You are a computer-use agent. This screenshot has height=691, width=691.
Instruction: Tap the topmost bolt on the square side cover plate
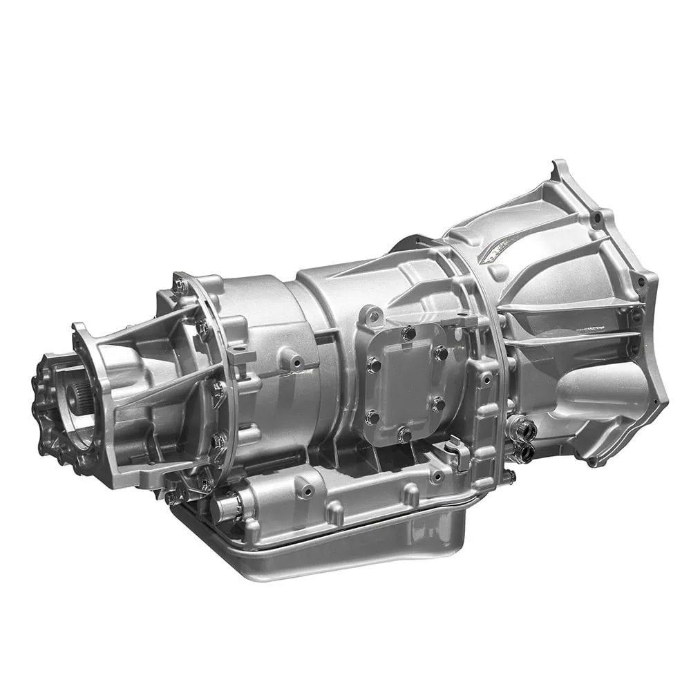(x=408, y=332)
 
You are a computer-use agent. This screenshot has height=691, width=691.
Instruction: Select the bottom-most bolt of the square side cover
(x=404, y=435)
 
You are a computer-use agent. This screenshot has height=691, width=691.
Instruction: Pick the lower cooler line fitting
(x=523, y=452)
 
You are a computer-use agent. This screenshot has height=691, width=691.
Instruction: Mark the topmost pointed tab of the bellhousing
(x=557, y=168)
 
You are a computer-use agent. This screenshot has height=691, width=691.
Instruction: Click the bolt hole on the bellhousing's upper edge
(x=596, y=218)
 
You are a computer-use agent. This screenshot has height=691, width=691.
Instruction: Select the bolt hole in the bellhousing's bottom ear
(x=591, y=460)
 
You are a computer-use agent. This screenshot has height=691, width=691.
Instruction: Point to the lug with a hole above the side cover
(x=373, y=316)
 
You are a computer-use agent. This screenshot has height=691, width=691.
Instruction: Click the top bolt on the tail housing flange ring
(x=181, y=284)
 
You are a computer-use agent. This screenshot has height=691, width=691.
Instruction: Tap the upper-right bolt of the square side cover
(x=440, y=354)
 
